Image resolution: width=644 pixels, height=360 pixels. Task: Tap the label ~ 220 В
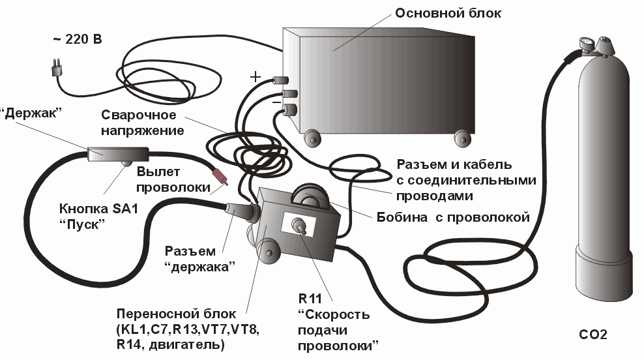[x=77, y=39]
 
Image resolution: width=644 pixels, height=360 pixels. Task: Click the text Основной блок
[x=449, y=13]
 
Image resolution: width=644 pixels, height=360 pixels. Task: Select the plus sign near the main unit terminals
[x=256, y=77]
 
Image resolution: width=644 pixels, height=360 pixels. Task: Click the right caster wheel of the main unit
[x=463, y=138]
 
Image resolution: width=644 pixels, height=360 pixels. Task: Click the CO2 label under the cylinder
[x=593, y=336]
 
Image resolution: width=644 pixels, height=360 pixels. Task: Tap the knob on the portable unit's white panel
[x=302, y=227]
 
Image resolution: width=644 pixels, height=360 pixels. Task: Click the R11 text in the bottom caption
[x=312, y=299]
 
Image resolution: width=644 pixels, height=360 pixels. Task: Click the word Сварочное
[x=139, y=115]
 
